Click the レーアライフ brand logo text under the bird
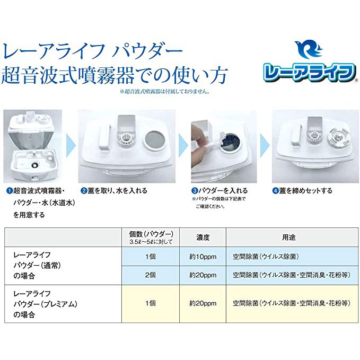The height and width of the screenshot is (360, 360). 310,72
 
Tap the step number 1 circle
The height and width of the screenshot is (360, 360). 10,190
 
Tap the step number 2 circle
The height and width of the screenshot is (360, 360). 84,190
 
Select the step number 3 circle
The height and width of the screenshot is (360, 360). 195,190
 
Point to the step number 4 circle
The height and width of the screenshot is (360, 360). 275,190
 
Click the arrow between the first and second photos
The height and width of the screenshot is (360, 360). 71,146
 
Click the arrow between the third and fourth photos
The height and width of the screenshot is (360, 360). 265,146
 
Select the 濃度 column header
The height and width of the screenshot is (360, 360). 203,238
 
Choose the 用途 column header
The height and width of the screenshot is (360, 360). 288,238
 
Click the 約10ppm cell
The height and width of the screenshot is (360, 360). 203,257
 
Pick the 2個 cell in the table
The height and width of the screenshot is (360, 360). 151,275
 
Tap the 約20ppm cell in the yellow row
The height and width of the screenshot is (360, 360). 203,303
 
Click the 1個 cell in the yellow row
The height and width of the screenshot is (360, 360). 151,303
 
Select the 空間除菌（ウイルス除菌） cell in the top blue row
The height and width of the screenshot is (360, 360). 266,257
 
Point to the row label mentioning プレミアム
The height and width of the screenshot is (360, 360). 45,304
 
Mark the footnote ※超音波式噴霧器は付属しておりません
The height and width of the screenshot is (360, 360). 165,91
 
